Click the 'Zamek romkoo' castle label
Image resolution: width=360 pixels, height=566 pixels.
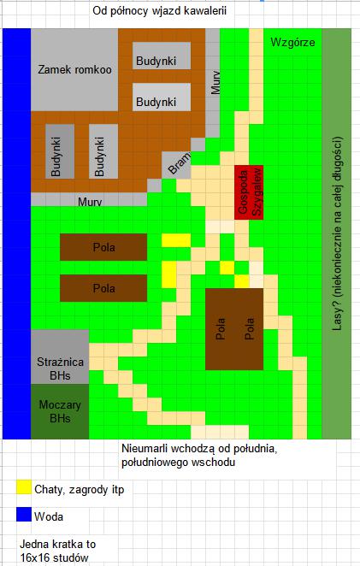pyautogui.click(x=74, y=69)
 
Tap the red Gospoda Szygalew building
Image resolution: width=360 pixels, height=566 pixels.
pyautogui.click(x=249, y=192)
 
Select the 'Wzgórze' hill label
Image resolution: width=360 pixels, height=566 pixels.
pyautogui.click(x=292, y=42)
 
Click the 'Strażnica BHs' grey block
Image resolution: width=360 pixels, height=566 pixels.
pyautogui.click(x=60, y=357)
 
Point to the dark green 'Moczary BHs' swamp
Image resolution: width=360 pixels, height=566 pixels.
pyautogui.click(x=60, y=411)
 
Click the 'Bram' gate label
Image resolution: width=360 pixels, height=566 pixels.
pyautogui.click(x=179, y=163)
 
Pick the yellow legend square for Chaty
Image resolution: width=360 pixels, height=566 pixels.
pyautogui.click(x=24, y=486)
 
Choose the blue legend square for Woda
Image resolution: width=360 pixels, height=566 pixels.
pyautogui.click(x=24, y=515)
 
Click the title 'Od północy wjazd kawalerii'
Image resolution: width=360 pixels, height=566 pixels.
pyautogui.click(x=160, y=11)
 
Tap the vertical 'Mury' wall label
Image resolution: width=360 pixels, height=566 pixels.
pyautogui.click(x=215, y=83)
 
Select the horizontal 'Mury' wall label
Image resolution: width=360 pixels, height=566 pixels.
pyautogui.click(x=90, y=202)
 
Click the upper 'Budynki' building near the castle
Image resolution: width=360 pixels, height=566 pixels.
pyautogui.click(x=162, y=56)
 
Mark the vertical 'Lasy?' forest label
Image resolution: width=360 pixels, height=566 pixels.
pyautogui.click(x=337, y=233)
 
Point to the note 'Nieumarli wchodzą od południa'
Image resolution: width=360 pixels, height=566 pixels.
pyautogui.click(x=199, y=449)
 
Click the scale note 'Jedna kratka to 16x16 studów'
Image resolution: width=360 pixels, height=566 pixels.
pyautogui.click(x=57, y=551)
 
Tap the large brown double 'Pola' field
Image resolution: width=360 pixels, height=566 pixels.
pyautogui.click(x=234, y=329)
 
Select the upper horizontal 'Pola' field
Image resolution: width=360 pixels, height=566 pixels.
pyautogui.click(x=103, y=247)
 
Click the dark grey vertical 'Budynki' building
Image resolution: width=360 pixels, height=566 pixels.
pyautogui.click(x=60, y=151)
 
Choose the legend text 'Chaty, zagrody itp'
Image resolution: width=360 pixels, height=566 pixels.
pyautogui.click(x=79, y=489)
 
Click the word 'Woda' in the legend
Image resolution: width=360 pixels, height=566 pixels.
pyautogui.click(x=49, y=516)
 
